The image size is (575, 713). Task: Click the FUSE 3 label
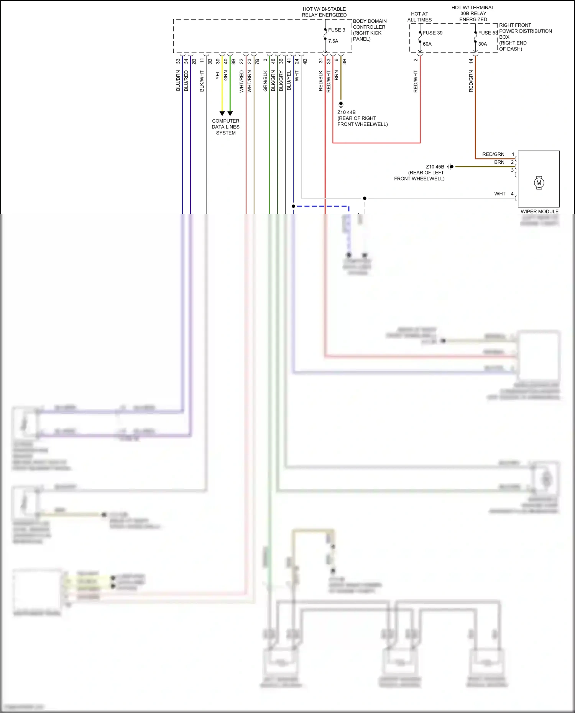coord(337,30)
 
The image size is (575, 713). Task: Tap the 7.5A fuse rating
coord(333,41)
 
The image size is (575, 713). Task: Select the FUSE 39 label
coord(432,33)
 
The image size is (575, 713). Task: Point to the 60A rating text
coord(427,44)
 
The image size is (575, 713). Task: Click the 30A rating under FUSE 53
coord(483,44)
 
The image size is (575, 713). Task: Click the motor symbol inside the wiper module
coord(539,183)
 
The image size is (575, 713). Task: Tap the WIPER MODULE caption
coord(539,211)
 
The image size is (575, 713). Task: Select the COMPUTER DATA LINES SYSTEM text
coord(225,127)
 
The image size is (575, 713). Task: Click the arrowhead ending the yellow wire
coord(222,113)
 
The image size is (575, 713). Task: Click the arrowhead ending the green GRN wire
coord(230,113)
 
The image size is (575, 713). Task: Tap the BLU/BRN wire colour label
coord(178,80)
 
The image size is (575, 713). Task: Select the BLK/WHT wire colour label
coord(202,81)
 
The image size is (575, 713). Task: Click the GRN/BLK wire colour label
coord(265,81)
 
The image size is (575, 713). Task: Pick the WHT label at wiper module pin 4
coord(499,194)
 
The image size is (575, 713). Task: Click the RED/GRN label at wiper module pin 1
coord(493,154)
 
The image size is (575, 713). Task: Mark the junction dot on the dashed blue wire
coord(293,206)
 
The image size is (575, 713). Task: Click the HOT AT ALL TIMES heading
coord(419,17)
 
